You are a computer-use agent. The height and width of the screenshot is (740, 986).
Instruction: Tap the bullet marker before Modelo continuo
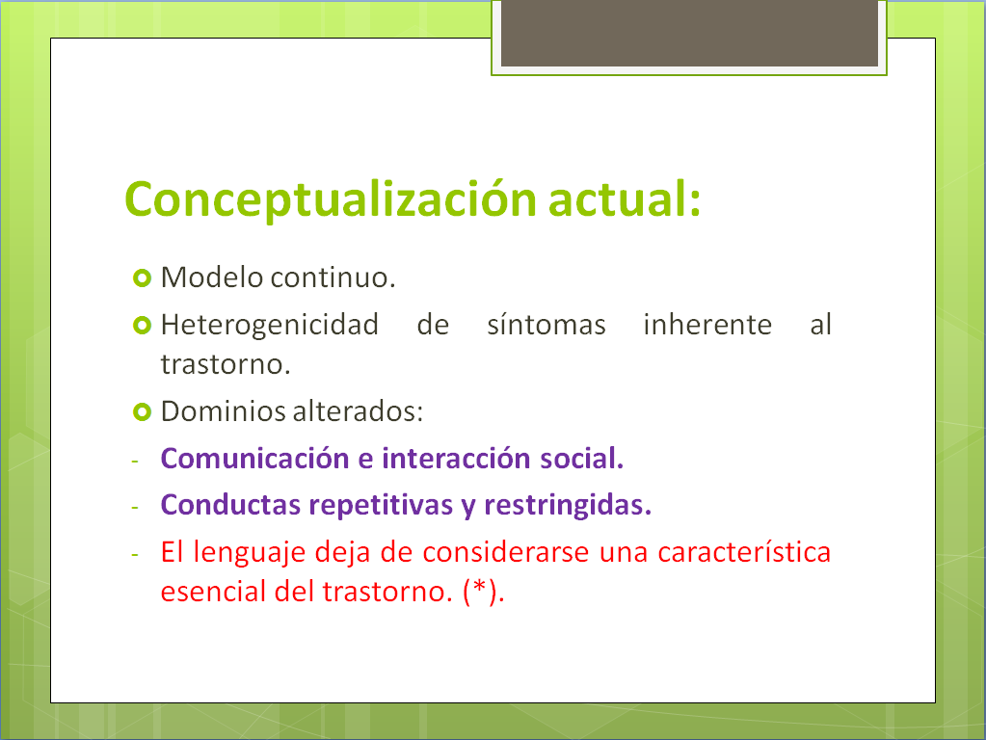(141, 278)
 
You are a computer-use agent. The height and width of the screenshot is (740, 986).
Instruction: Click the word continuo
(333, 277)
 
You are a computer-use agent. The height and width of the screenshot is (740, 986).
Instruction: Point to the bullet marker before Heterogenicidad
(141, 326)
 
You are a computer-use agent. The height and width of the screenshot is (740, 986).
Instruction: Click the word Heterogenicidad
(269, 326)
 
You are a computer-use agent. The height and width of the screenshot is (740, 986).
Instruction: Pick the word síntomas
(546, 326)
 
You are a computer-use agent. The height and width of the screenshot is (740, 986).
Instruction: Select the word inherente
(706, 326)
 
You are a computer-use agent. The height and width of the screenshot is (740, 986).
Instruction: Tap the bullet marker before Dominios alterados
(141, 412)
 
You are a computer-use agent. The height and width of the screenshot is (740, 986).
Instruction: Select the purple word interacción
(452, 459)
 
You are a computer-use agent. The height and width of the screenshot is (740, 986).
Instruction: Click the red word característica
(744, 553)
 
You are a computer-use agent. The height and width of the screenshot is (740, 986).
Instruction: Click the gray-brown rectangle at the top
(689, 34)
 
